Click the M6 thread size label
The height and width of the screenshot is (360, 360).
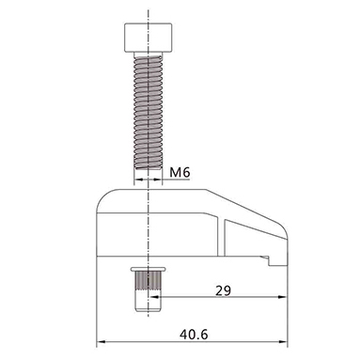[x=180, y=172]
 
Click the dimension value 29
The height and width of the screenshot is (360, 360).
[x=223, y=290]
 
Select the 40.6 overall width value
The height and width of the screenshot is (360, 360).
[x=194, y=335]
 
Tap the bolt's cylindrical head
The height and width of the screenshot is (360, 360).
[x=149, y=38]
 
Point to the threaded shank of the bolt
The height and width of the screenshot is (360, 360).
[x=149, y=111]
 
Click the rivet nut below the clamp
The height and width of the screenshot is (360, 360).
[x=149, y=290]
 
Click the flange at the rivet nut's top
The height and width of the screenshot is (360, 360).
[x=149, y=269]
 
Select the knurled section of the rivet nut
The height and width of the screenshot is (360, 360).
[x=149, y=280]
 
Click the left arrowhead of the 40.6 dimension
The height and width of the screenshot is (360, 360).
[x=101, y=341]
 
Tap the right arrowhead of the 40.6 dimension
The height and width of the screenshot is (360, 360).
[x=283, y=341]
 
